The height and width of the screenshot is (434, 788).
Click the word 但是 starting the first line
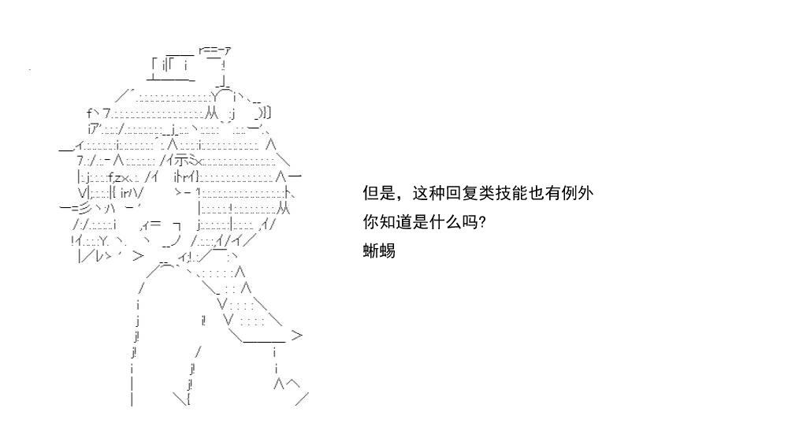tap(379, 194)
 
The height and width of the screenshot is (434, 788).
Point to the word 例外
tap(578, 194)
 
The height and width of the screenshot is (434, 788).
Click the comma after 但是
tap(400, 198)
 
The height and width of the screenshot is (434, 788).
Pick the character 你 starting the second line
tap(371, 221)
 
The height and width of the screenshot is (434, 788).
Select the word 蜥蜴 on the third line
tap(379, 250)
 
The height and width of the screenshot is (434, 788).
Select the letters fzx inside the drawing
tap(120, 177)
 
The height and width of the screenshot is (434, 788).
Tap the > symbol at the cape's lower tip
tap(297, 335)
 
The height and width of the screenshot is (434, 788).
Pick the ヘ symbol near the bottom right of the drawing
tap(293, 384)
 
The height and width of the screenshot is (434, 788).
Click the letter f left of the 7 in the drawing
tap(90, 113)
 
